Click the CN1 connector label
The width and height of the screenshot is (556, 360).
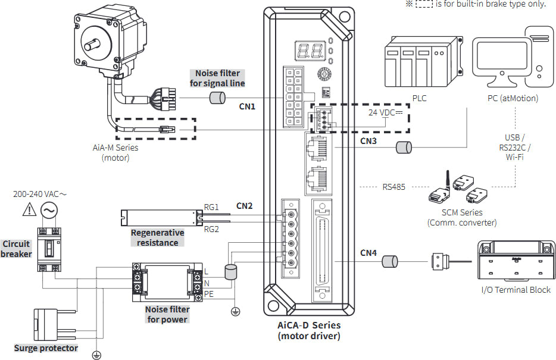pyautogui.click(x=247, y=107)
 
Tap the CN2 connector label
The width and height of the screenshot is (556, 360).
pyautogui.click(x=244, y=206)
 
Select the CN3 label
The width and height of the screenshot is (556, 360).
pyautogui.click(x=368, y=141)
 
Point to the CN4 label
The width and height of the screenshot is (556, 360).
pyautogui.click(x=368, y=253)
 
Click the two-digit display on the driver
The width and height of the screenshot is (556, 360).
pyautogui.click(x=310, y=51)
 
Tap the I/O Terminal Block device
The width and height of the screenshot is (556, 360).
pyautogui.click(x=516, y=261)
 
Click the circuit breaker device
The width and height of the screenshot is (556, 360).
pyautogui.click(x=49, y=249)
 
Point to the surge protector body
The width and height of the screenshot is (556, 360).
pyautogui.click(x=45, y=324)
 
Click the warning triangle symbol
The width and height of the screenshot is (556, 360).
pyautogui.click(x=29, y=210)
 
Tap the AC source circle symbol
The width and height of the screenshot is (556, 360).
pyautogui.click(x=49, y=211)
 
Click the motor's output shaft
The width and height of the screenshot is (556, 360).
pyautogui.click(x=92, y=45)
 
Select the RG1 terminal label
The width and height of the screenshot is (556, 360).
pyautogui.click(x=211, y=207)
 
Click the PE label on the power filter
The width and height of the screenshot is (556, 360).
pyautogui.click(x=208, y=294)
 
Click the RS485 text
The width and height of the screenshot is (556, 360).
pyautogui.click(x=393, y=187)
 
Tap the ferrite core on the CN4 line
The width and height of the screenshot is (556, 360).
pyautogui.click(x=390, y=261)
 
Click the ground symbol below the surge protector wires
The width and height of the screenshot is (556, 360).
pyautogui.click(x=96, y=355)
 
